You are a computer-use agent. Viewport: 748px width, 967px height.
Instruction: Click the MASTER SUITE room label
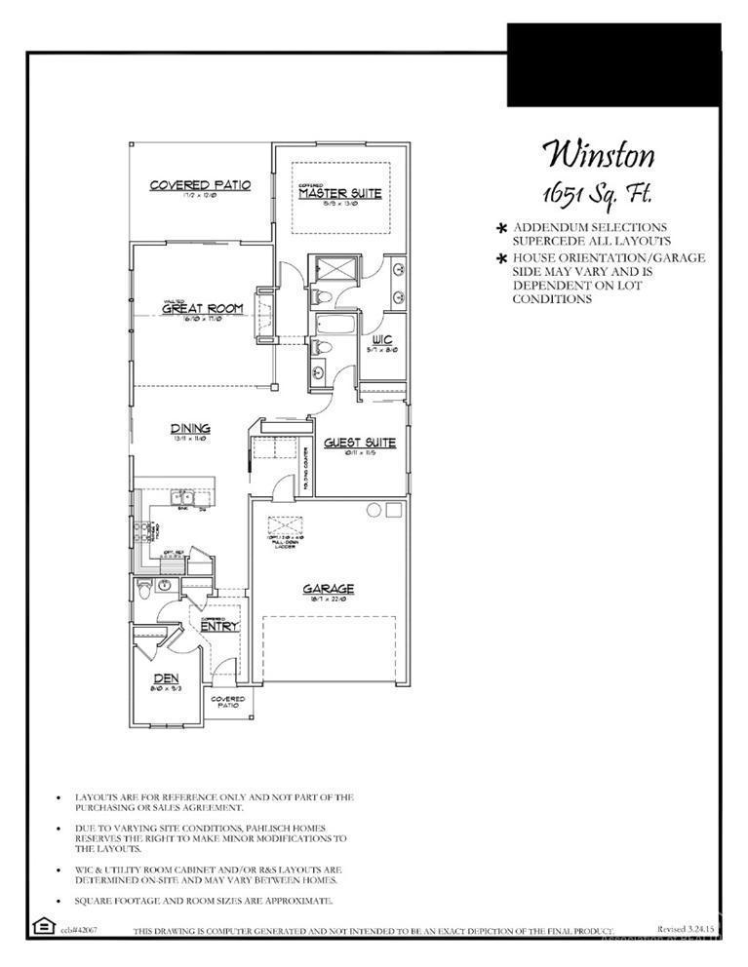[x=339, y=194]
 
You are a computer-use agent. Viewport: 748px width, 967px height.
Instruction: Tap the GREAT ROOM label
[x=202, y=309]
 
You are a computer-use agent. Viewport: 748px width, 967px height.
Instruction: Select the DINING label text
[x=190, y=428]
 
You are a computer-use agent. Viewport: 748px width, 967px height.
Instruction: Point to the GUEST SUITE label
[x=360, y=443]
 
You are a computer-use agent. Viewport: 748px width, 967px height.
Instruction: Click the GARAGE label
[x=328, y=589]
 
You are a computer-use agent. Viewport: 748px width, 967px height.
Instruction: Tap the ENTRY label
[x=218, y=626]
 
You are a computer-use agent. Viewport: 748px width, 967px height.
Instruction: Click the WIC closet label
[x=381, y=338]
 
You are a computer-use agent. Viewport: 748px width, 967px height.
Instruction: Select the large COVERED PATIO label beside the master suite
[x=200, y=184]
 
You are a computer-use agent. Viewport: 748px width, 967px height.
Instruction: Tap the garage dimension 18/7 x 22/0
[x=328, y=600]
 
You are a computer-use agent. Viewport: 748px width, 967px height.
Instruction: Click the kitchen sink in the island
[x=182, y=499]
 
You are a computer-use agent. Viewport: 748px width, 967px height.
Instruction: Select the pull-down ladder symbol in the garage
[x=286, y=524]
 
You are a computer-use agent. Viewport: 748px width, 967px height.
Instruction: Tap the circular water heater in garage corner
[x=373, y=510]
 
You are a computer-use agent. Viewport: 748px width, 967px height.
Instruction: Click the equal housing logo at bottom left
[x=43, y=925]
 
